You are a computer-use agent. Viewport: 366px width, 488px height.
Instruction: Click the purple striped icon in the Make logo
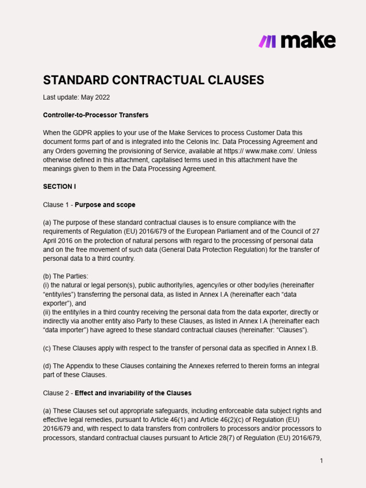(x=267, y=41)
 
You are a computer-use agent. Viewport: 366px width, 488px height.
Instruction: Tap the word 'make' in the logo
(x=308, y=41)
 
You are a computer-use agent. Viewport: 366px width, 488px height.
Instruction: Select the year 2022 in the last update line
(x=102, y=97)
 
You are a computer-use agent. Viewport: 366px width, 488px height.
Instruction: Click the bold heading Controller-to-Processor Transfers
(x=96, y=115)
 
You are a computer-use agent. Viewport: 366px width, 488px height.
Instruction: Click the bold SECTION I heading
(x=60, y=186)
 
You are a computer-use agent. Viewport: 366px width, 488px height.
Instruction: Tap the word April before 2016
(x=51, y=240)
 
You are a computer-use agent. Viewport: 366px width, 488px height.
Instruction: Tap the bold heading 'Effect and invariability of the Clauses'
(x=133, y=393)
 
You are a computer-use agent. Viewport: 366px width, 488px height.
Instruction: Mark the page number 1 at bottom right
(x=322, y=460)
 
